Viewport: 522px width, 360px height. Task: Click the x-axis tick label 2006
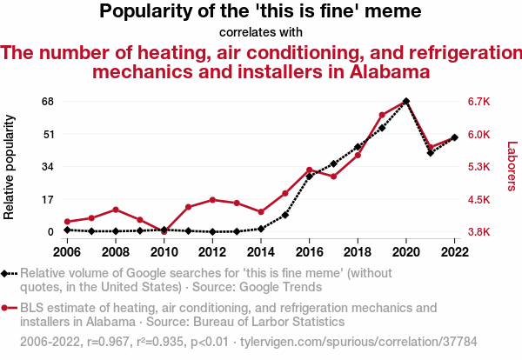tap(66, 251)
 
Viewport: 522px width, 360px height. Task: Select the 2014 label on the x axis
tap(260, 251)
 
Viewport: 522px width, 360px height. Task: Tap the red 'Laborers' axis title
tap(512, 167)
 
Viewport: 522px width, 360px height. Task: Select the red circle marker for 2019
tap(382, 115)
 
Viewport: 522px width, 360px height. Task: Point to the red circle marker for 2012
tap(212, 200)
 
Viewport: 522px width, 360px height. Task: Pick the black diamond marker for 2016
tap(309, 177)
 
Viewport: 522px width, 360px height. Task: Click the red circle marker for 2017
tap(333, 177)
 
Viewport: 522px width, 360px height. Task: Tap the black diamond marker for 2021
tap(430, 153)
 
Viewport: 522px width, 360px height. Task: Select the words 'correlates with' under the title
tap(260, 32)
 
